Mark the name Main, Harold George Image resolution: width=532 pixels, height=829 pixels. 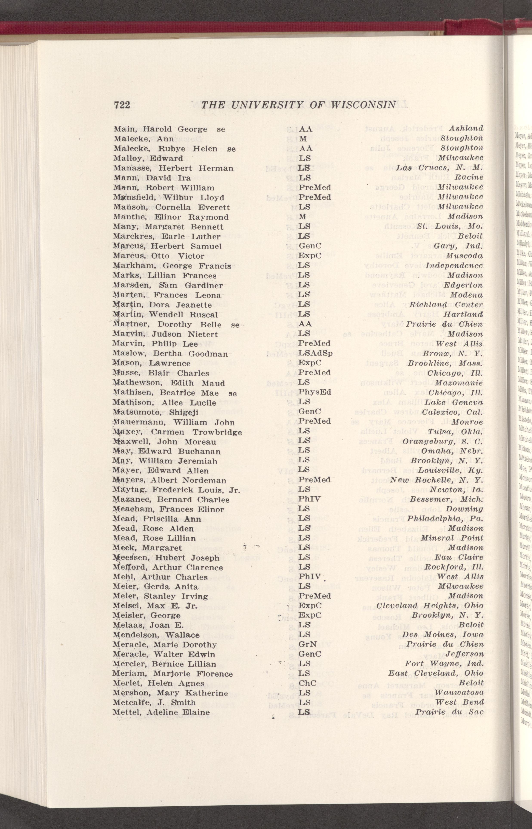[160, 129]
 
